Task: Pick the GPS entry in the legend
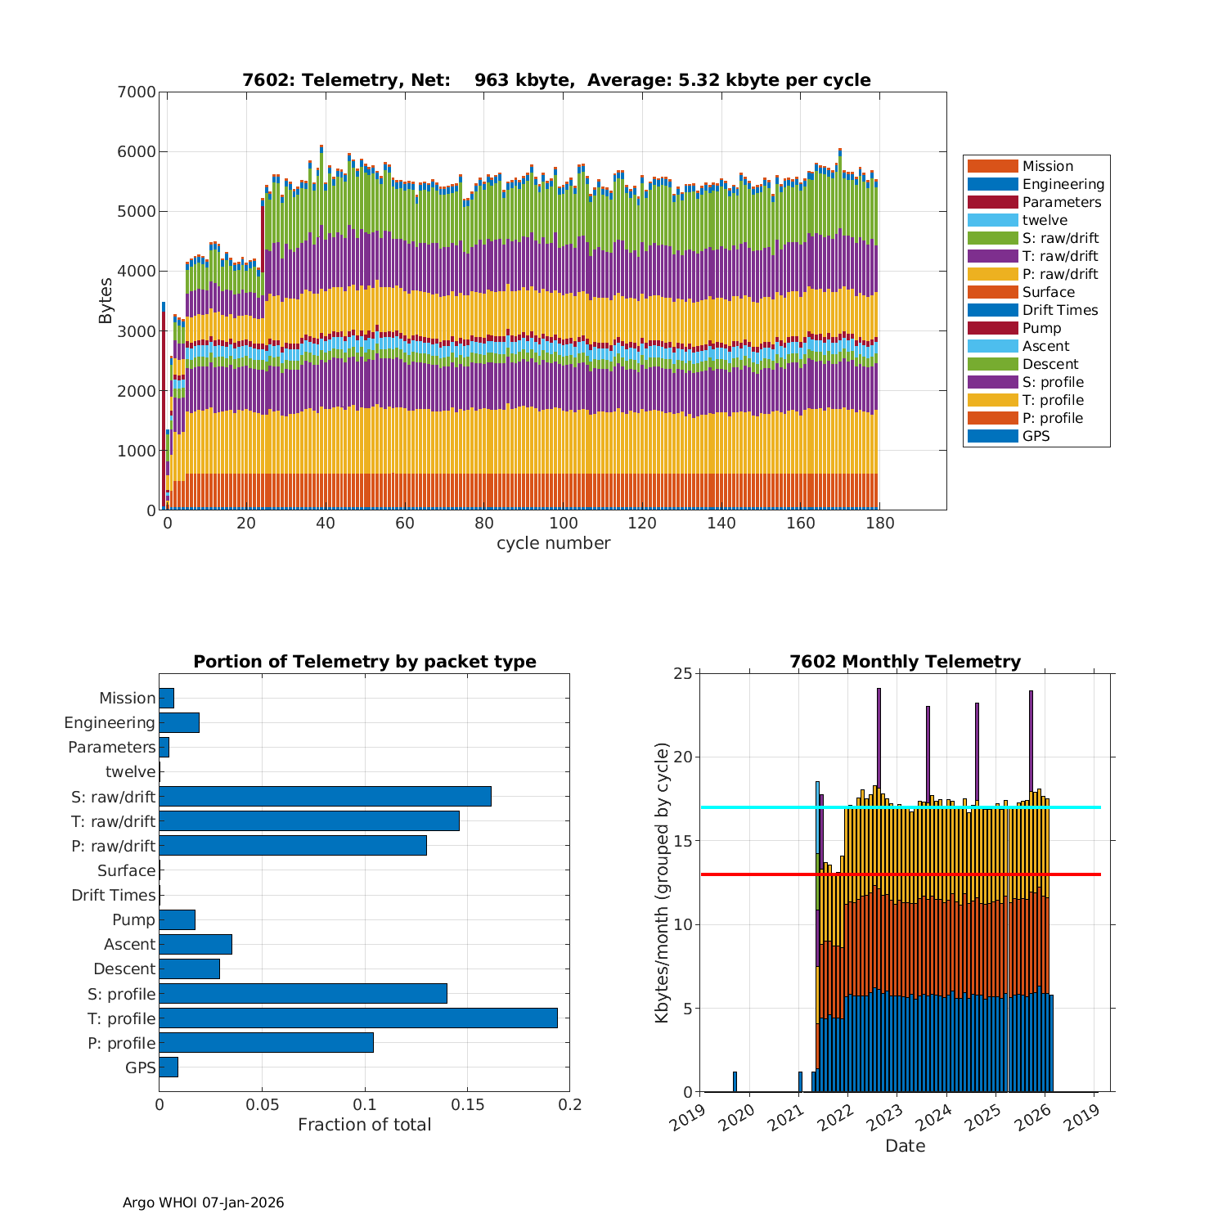pyautogui.click(x=1036, y=436)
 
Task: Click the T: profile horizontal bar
pyautogui.click(x=358, y=1018)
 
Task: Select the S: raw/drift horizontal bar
pyautogui.click(x=325, y=796)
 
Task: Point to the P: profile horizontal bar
pyautogui.click(x=266, y=1042)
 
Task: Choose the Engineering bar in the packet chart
pyautogui.click(x=179, y=722)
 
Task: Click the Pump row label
pyautogui.click(x=133, y=919)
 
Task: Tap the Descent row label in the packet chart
pyautogui.click(x=124, y=969)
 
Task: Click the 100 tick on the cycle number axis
pyautogui.click(x=562, y=524)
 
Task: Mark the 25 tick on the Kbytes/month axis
pyautogui.click(x=683, y=673)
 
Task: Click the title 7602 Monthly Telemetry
pyautogui.click(x=905, y=661)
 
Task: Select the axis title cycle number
pyautogui.click(x=553, y=543)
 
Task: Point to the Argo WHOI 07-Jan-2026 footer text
pyautogui.click(x=203, y=1202)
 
